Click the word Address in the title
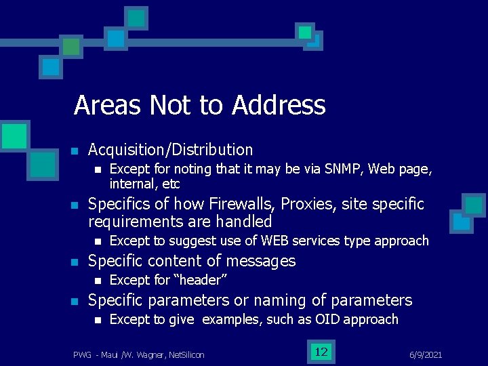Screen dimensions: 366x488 (279, 106)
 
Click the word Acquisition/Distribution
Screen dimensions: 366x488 (171, 150)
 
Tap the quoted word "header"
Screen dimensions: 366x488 (201, 280)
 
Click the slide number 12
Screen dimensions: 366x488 (321, 352)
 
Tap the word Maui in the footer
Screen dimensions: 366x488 (110, 354)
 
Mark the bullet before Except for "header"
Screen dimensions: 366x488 (98, 281)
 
